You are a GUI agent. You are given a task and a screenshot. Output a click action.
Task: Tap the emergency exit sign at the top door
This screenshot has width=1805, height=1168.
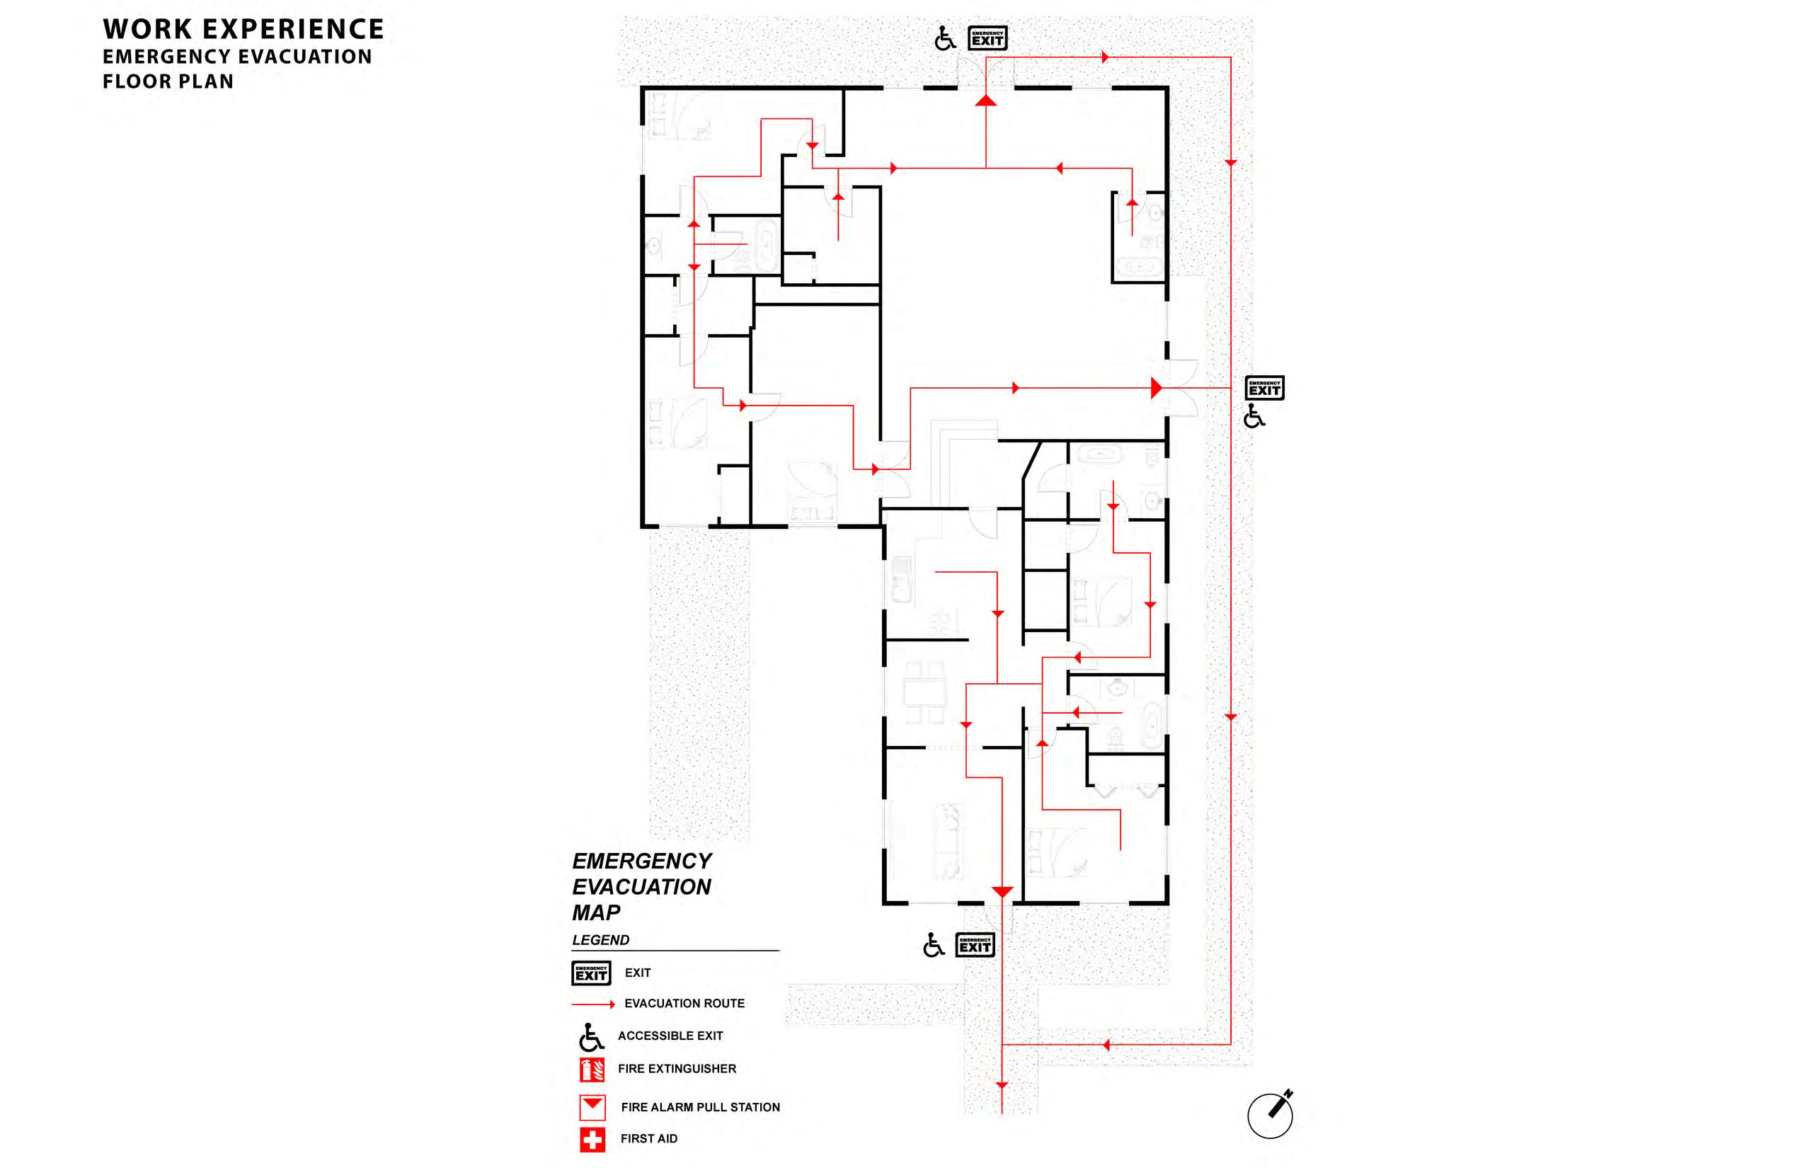coord(987,38)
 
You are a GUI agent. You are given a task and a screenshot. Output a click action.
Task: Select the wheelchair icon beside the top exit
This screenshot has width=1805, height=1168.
coord(945,38)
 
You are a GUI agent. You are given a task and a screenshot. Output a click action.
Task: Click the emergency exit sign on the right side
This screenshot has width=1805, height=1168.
coord(1264,388)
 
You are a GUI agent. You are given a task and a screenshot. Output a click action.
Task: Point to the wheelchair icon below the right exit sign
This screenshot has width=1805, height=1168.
coord(1254,416)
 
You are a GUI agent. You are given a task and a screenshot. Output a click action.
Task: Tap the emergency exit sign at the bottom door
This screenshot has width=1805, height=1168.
coord(975,945)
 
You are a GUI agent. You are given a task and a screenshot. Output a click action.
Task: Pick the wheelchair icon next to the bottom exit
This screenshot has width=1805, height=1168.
coord(934,945)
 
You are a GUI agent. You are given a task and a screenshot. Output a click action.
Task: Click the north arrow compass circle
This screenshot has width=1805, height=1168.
coord(1271,1115)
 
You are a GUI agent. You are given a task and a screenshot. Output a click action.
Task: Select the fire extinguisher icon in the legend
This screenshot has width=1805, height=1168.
coord(592,1070)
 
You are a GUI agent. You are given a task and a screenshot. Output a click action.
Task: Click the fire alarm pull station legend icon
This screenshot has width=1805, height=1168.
coord(592,1107)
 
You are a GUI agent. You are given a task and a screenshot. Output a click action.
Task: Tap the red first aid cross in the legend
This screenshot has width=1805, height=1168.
coord(592,1139)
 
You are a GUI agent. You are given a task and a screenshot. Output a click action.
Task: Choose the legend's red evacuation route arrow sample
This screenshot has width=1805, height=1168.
coord(593,1004)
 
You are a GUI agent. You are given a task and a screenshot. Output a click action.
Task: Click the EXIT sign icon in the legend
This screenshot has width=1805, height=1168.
coord(591,973)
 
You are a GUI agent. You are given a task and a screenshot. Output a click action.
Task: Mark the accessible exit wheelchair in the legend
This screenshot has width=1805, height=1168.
coord(591,1037)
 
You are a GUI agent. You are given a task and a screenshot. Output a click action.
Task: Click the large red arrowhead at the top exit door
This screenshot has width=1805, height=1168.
coord(985,100)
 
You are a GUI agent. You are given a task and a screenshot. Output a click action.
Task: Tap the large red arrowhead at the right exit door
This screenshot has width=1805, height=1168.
coord(1156,388)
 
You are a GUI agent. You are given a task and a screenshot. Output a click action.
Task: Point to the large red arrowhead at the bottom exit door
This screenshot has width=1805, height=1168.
coord(1002,892)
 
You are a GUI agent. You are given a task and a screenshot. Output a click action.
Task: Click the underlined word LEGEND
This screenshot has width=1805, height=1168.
coord(600,940)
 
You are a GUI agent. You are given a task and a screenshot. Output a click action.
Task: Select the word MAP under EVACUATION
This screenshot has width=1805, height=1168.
coord(596,912)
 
